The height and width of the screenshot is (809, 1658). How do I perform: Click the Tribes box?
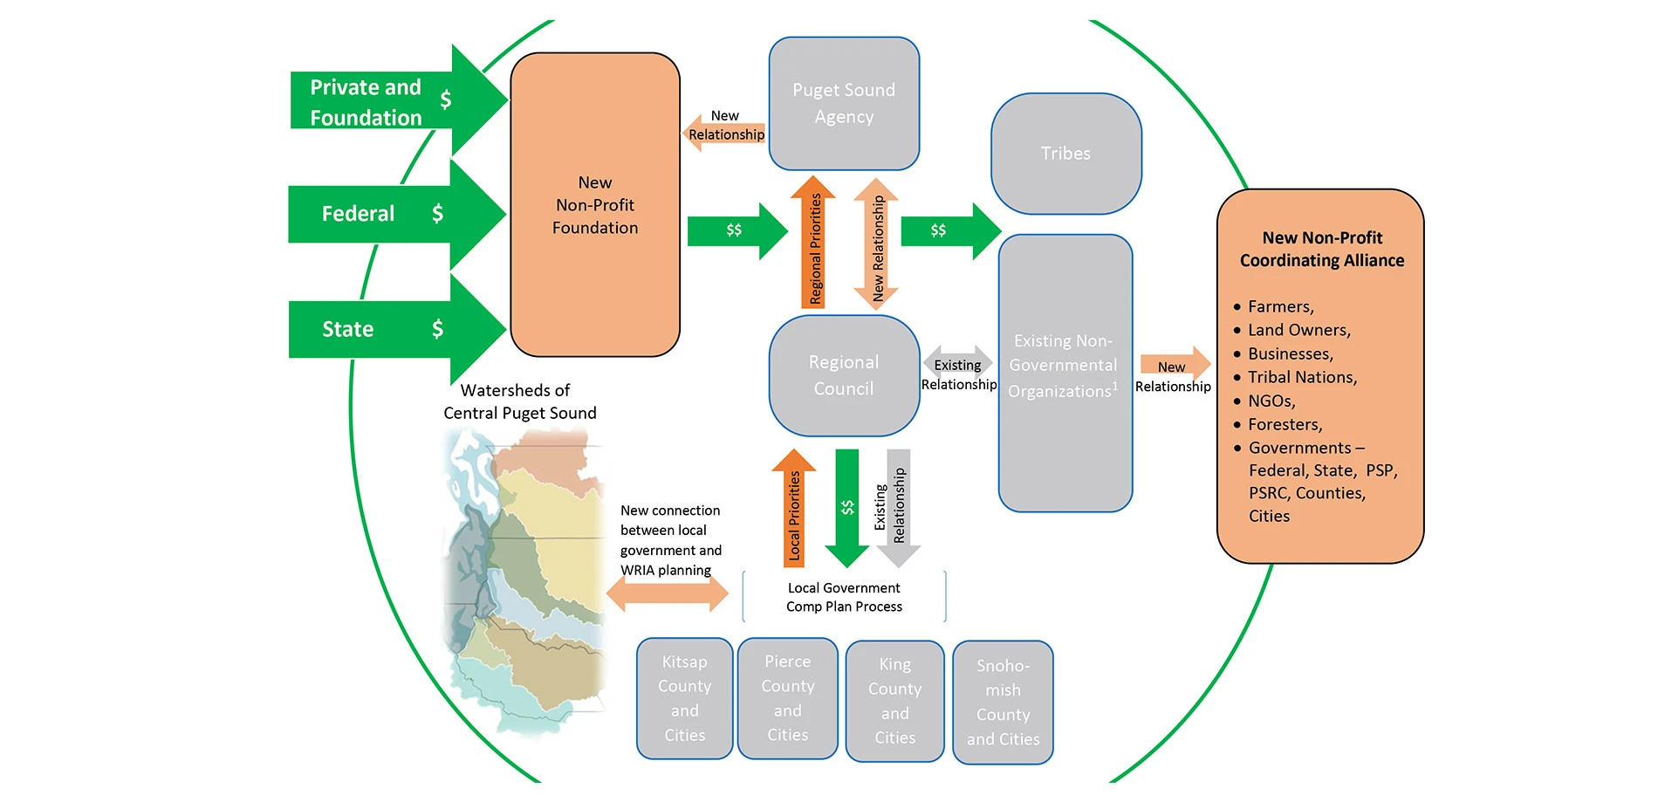point(1065,154)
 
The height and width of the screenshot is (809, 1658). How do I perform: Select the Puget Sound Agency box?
point(844,103)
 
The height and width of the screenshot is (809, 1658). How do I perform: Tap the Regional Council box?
point(844,375)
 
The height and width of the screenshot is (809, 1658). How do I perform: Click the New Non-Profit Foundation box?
point(595,205)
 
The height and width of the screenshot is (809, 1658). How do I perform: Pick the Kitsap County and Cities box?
point(684,698)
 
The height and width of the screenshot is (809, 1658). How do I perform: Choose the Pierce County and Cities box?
point(787,698)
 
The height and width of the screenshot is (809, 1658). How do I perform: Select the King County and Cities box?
point(894,701)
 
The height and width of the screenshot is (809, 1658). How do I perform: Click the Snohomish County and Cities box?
point(1003,702)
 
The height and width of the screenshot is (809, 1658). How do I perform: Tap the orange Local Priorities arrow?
point(793,511)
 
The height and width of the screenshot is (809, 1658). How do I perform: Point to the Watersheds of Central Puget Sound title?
point(519,401)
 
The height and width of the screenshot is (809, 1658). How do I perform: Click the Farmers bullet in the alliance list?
point(1279,306)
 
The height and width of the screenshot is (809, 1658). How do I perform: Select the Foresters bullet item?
point(1285,424)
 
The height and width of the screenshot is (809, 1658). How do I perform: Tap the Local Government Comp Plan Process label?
point(844,597)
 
